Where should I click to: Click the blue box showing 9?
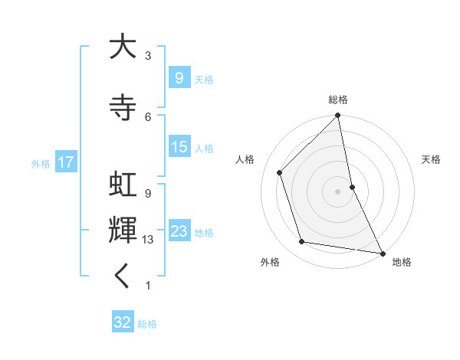(x=179, y=77)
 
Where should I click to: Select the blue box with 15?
(x=179, y=147)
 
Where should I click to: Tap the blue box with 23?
(x=179, y=231)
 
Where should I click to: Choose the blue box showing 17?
(x=65, y=162)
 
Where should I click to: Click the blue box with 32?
(x=123, y=322)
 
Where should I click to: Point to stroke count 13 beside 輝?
(x=149, y=240)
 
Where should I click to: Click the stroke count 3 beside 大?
(x=148, y=56)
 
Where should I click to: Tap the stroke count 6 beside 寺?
(x=148, y=116)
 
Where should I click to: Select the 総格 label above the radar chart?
(x=338, y=100)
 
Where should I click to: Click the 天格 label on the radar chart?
(x=431, y=159)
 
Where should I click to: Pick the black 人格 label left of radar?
(x=245, y=159)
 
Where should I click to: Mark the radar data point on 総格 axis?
(x=338, y=116)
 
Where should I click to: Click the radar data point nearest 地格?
(x=382, y=252)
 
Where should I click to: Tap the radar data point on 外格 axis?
(x=302, y=242)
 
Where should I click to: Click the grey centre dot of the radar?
(x=338, y=191)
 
